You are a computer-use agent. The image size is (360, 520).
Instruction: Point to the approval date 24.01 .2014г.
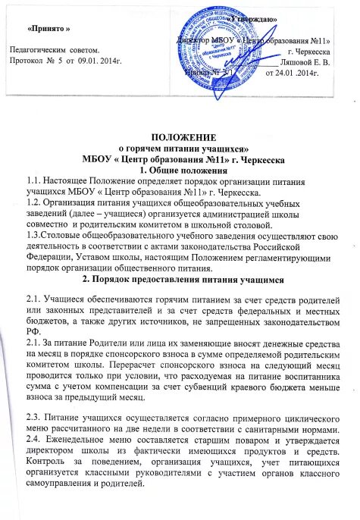tap(293, 74)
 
